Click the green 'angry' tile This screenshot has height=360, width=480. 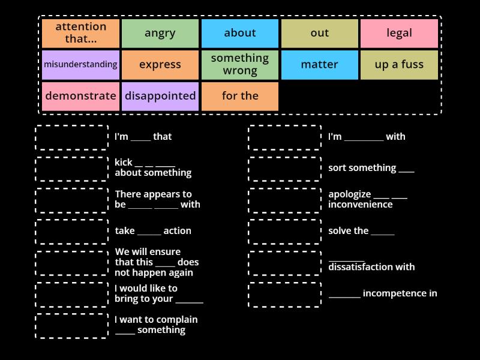pyautogui.click(x=160, y=34)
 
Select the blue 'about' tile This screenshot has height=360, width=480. pyautogui.click(x=240, y=34)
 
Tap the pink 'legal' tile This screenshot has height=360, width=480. pyautogui.click(x=399, y=34)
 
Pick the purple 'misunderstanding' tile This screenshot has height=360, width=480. pyautogui.click(x=80, y=65)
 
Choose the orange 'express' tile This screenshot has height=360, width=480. pyautogui.click(x=160, y=65)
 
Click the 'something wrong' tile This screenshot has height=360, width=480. pyautogui.click(x=240, y=65)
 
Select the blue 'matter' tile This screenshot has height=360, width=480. pyautogui.click(x=319, y=65)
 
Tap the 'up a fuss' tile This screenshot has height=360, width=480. pyautogui.click(x=399, y=65)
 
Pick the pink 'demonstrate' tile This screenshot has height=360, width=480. pyautogui.click(x=80, y=96)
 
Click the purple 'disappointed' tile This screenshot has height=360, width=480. pyautogui.click(x=160, y=96)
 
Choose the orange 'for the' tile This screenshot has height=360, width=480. pyautogui.click(x=240, y=96)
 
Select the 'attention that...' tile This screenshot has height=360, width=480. pyautogui.click(x=80, y=34)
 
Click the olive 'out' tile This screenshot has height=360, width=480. pyautogui.click(x=319, y=34)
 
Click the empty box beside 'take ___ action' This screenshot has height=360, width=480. pyautogui.click(x=72, y=232)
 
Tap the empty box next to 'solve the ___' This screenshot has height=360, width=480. pyautogui.click(x=285, y=232)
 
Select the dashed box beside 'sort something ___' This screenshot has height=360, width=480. pyautogui.click(x=285, y=169)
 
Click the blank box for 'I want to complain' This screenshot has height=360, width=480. pyautogui.click(x=72, y=326)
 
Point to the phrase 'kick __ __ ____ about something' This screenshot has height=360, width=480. pyautogui.click(x=153, y=167)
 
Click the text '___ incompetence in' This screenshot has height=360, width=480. pyautogui.click(x=383, y=293)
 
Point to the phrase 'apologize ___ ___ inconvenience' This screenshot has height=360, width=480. pyautogui.click(x=367, y=199)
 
